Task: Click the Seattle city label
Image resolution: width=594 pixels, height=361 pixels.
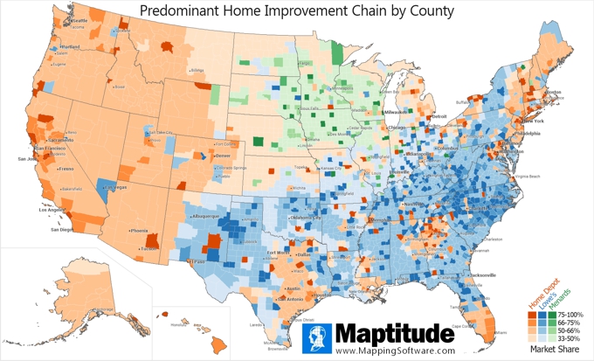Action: click(x=79, y=19)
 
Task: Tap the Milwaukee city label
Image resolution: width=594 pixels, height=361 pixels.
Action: click(x=396, y=112)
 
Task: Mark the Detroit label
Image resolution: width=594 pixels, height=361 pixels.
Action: click(x=439, y=116)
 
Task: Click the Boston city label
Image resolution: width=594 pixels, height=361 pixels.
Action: click(x=554, y=92)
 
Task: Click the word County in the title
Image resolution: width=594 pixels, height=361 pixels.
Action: click(x=428, y=11)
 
